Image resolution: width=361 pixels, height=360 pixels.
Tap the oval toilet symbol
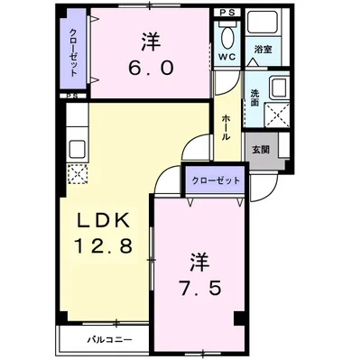227,38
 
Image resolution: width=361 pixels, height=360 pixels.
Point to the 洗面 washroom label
255,97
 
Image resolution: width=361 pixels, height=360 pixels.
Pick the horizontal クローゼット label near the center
216,180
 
